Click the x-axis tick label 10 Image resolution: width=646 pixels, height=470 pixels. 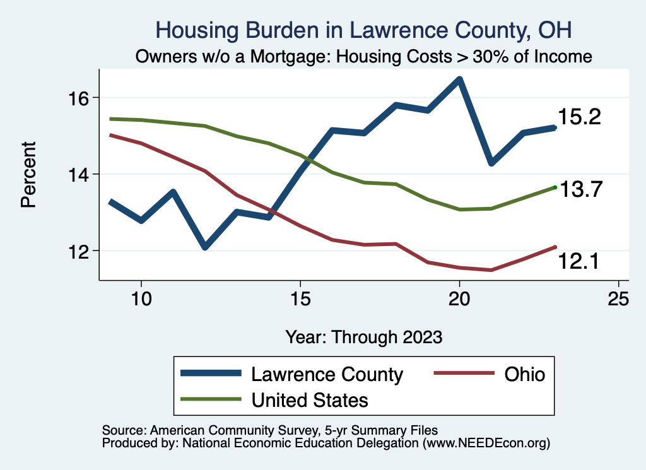[x=141, y=299]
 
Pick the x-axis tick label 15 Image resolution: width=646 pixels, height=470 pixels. [x=300, y=299]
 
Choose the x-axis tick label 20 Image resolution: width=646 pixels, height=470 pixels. [x=459, y=299]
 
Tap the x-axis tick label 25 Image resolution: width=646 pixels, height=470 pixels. [x=618, y=299]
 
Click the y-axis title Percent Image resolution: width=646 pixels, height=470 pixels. [x=28, y=174]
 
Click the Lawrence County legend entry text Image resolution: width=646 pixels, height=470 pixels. [x=327, y=374]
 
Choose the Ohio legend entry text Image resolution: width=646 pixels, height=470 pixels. [x=524, y=374]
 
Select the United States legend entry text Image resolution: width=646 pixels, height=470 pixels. [x=309, y=399]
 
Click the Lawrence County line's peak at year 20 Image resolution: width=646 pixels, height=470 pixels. [x=459, y=79]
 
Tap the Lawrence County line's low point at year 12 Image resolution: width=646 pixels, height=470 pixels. [x=205, y=247]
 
